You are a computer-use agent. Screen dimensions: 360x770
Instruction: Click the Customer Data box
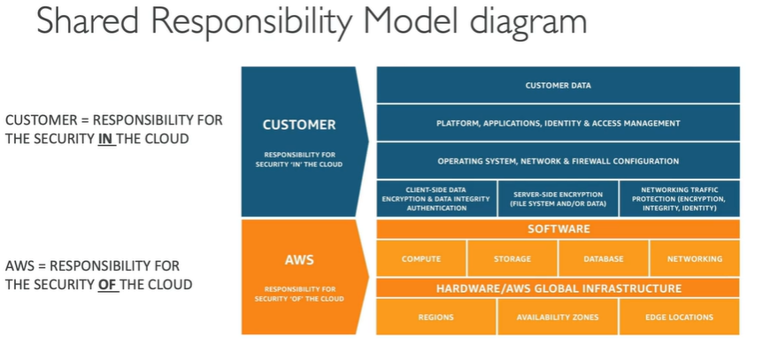coord(558,85)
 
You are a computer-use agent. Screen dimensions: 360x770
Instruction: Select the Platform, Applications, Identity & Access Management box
coord(558,123)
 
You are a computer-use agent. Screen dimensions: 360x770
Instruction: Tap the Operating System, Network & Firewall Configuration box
coord(558,161)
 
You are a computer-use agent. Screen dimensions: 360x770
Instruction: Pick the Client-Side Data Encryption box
coord(436,199)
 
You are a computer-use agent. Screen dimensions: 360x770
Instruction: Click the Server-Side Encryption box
coord(558,199)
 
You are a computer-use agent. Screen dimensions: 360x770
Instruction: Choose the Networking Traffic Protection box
coord(679,199)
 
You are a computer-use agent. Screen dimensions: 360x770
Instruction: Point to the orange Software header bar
coord(558,229)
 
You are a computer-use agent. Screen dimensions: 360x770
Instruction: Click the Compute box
coord(421,259)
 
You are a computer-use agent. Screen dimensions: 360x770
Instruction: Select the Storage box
coord(512,259)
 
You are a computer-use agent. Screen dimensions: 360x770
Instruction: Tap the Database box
coord(604,259)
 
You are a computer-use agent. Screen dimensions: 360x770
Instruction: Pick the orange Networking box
coord(695,259)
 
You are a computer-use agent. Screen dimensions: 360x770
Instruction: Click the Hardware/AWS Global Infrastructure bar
coord(558,288)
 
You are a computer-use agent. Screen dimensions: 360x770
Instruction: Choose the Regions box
coord(436,317)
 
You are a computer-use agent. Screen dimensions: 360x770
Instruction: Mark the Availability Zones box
coord(558,317)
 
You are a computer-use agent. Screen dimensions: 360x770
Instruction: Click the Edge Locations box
coord(679,317)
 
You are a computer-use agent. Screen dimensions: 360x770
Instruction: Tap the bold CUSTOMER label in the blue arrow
coord(299,125)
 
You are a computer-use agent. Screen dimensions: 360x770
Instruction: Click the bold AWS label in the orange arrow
coord(299,260)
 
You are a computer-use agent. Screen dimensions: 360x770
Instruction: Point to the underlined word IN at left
coord(106,139)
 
